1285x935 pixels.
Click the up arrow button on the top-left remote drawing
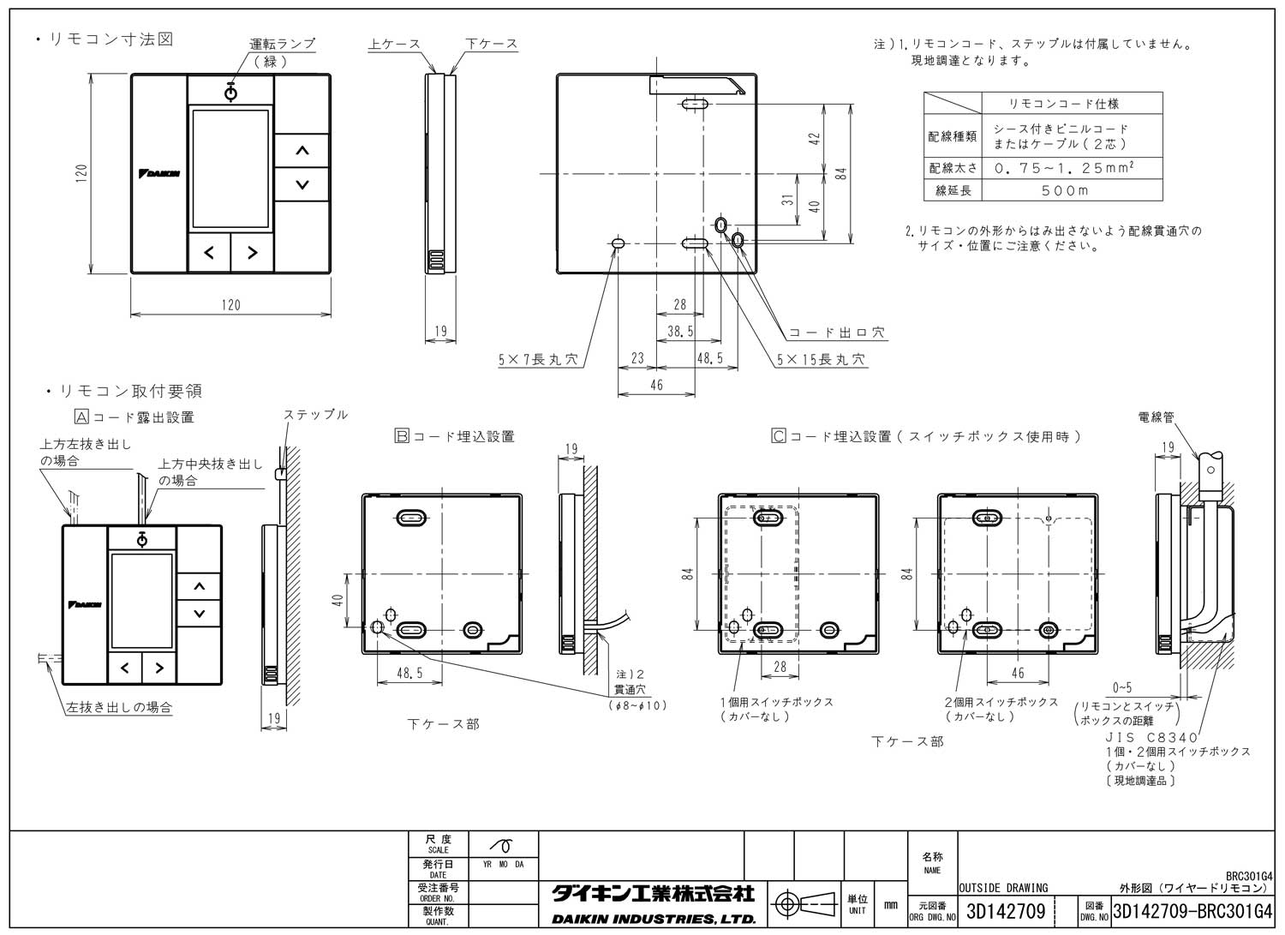pos(302,151)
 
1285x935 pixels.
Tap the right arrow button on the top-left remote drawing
pos(252,253)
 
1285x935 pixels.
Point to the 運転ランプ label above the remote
pos(282,44)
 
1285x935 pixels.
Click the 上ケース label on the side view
pos(394,44)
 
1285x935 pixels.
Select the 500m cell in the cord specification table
pos(1065,190)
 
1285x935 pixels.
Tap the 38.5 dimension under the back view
pos(680,331)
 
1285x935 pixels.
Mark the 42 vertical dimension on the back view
pos(816,137)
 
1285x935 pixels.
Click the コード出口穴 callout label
pos(835,333)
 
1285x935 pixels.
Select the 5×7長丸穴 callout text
pos(538,360)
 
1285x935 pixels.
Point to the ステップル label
pos(315,415)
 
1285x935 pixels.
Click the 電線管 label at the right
pos(1156,417)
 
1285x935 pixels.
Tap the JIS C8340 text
pos(1151,737)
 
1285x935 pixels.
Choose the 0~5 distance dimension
pos(1121,687)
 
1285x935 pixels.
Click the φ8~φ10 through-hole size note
pos(637,705)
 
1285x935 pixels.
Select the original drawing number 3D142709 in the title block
pos(1005,912)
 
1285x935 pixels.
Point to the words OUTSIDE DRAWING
pos(1002,888)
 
